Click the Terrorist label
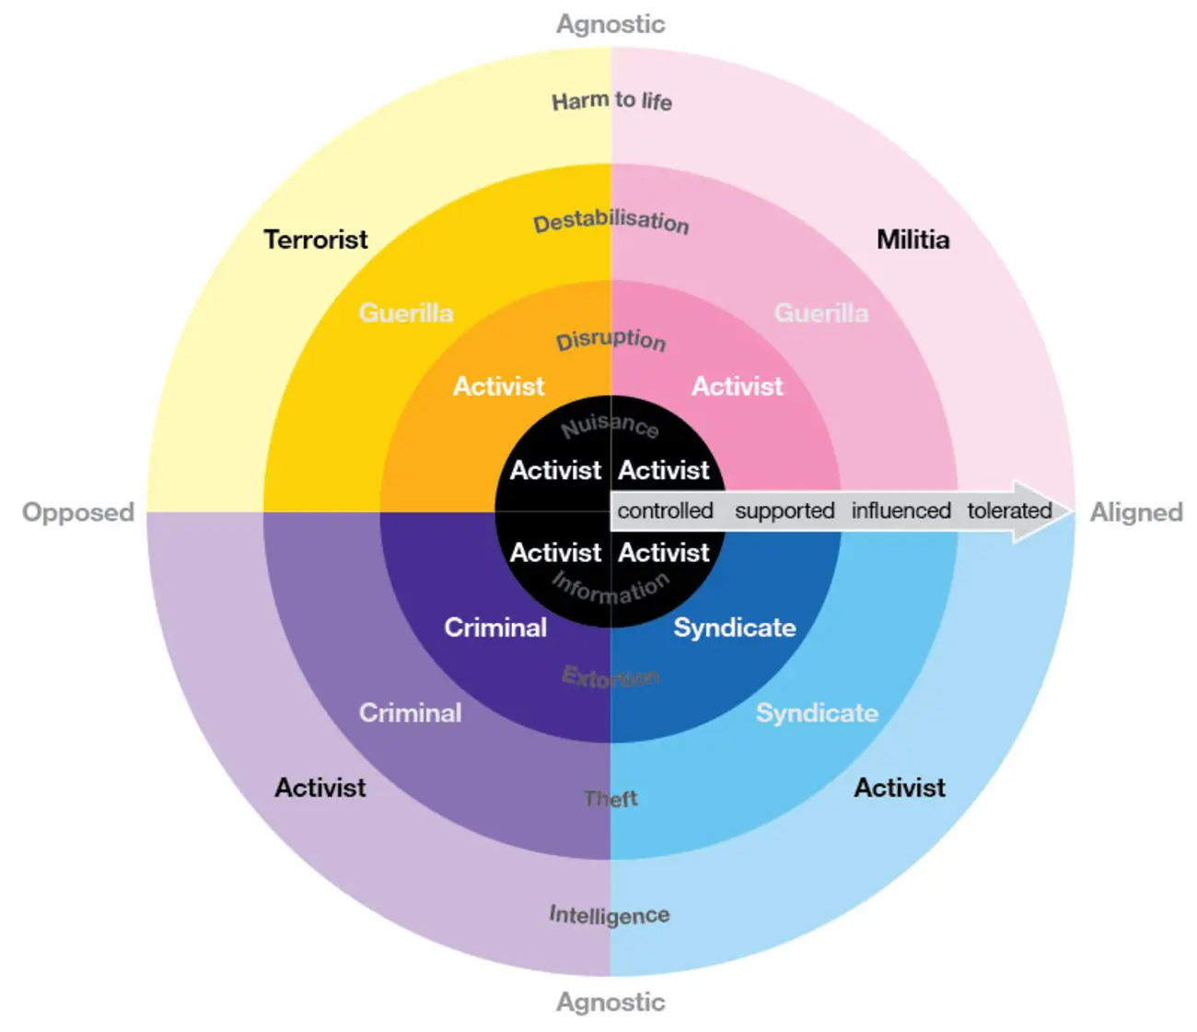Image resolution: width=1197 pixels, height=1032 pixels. (316, 240)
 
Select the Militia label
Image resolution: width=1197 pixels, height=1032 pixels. (913, 240)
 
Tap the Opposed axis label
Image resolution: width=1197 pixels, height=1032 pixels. (78, 513)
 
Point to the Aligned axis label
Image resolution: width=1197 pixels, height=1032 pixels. (1136, 513)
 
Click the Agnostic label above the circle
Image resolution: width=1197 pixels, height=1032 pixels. (611, 25)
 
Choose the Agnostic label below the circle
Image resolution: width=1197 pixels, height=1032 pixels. (611, 1002)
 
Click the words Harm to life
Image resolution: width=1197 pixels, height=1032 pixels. (611, 101)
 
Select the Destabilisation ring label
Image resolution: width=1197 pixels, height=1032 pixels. (611, 222)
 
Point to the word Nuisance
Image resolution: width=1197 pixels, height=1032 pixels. (610, 427)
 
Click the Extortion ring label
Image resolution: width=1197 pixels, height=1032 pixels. (610, 676)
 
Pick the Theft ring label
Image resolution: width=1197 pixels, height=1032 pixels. (610, 799)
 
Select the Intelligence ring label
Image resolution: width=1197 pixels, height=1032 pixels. (610, 915)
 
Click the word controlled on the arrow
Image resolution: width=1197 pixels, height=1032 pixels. (665, 511)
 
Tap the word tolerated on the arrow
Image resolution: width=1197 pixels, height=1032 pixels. (1009, 511)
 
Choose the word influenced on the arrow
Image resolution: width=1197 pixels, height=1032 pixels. (901, 511)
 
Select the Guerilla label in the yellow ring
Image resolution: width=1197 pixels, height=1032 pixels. (406, 313)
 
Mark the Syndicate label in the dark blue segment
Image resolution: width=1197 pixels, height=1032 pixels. (735, 627)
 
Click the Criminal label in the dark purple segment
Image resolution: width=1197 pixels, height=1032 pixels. (495, 627)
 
